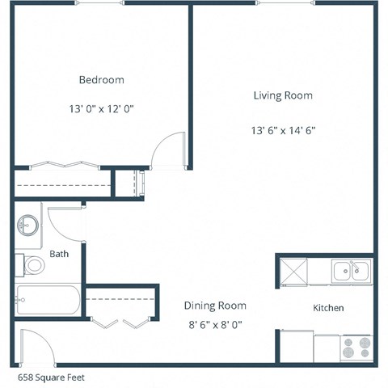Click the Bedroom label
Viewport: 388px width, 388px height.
(x=101, y=80)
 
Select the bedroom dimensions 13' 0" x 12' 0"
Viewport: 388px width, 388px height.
(x=101, y=108)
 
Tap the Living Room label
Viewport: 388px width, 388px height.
(x=282, y=95)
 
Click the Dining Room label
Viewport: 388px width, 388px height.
(x=215, y=306)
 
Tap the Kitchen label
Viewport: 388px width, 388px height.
(x=328, y=308)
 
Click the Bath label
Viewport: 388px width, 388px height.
(x=59, y=254)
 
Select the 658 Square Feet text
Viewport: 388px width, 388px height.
(x=51, y=377)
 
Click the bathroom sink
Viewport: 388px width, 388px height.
(x=30, y=226)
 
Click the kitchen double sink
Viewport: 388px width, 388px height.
(x=351, y=270)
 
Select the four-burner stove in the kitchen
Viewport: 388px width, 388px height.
(x=356, y=348)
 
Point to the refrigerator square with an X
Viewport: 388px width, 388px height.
(x=294, y=270)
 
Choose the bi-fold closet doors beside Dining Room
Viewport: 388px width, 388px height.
(x=120, y=323)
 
